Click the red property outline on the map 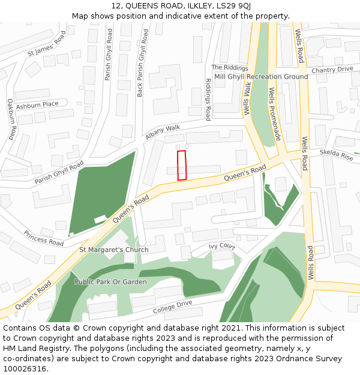182,165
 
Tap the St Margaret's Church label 114,250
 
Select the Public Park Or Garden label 110,281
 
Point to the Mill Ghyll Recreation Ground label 261,77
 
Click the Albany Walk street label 162,132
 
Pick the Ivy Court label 221,246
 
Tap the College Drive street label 172,307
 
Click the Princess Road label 44,238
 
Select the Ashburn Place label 37,104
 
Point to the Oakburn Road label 11,119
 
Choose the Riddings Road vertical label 208,99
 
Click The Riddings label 229,68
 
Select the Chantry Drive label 332,70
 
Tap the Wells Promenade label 274,114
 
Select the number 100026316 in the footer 25,368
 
